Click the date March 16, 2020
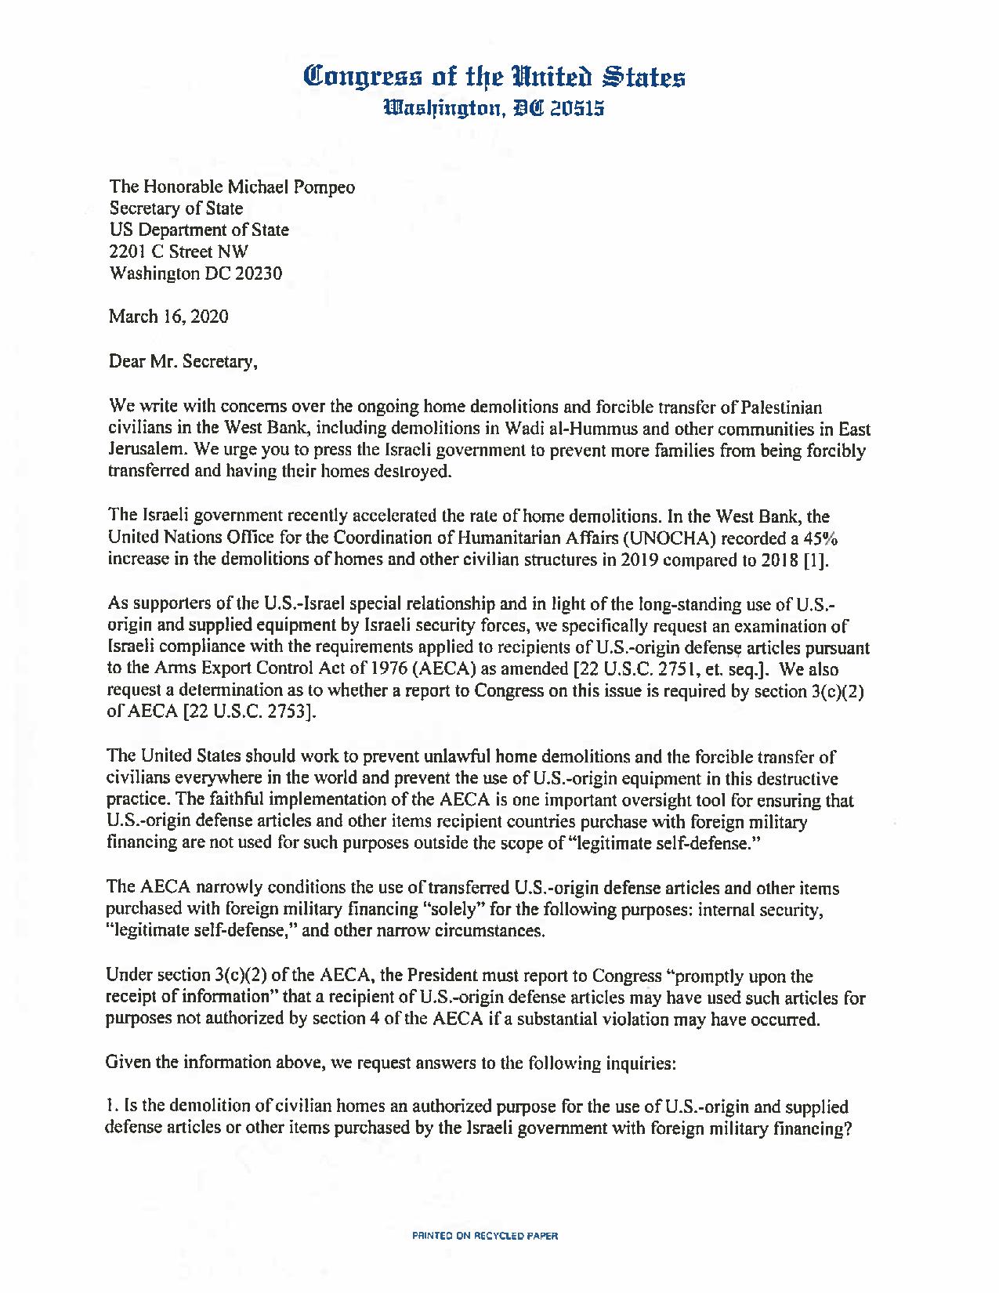[x=168, y=317]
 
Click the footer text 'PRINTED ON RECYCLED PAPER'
[x=485, y=1236]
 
